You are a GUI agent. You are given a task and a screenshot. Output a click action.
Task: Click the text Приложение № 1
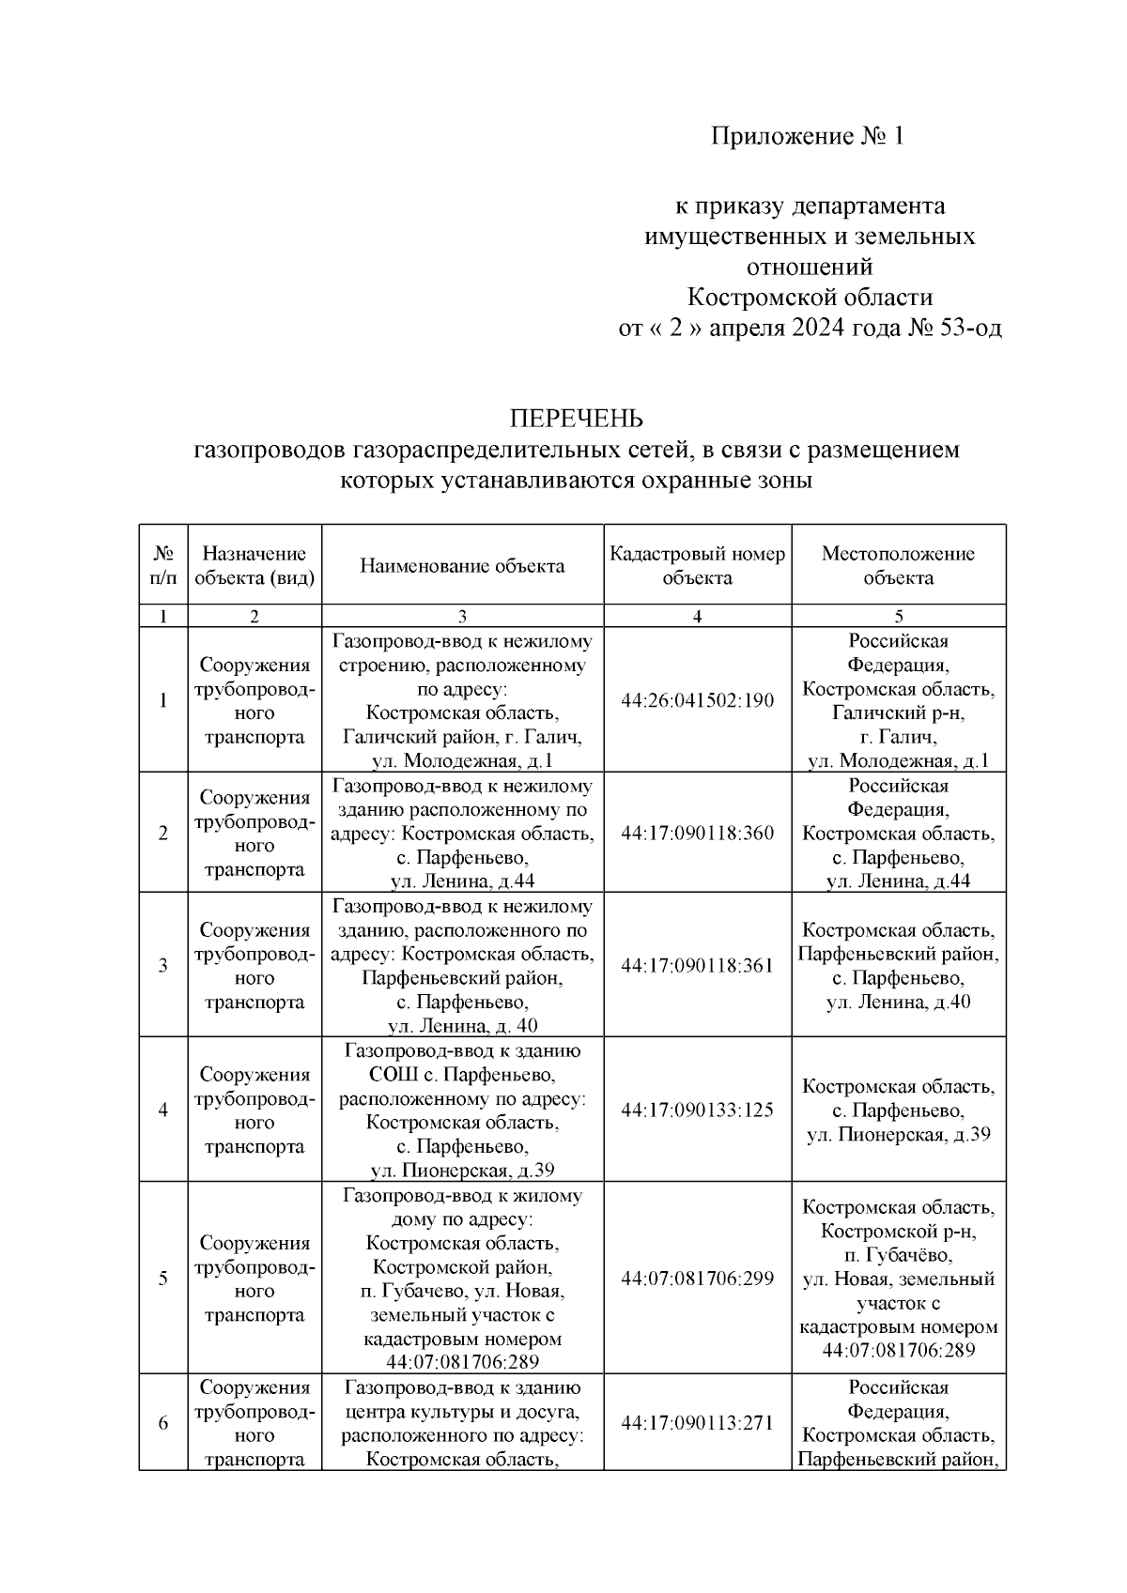[x=809, y=137]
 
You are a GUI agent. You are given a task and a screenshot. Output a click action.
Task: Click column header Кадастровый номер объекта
[x=697, y=565]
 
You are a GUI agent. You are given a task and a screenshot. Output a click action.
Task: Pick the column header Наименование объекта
[x=462, y=565]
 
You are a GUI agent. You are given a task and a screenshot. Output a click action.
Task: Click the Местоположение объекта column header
[x=898, y=565]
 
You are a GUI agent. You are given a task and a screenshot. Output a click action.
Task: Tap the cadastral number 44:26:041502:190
[x=697, y=700]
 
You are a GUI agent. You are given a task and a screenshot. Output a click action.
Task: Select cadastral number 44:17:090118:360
[x=697, y=833]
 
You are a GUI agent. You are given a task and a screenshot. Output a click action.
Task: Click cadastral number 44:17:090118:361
[x=697, y=965]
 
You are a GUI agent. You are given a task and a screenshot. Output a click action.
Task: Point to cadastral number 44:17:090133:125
[x=697, y=1110]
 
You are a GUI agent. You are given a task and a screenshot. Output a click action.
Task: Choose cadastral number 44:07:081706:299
[x=697, y=1278]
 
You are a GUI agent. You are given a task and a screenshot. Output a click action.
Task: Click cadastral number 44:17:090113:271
[x=697, y=1423]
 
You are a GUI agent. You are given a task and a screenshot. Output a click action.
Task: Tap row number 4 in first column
[x=163, y=1110]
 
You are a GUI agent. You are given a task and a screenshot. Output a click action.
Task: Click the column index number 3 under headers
[x=462, y=617]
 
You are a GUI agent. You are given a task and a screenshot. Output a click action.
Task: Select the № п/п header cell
[x=163, y=565]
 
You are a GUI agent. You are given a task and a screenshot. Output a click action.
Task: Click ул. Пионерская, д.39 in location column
[x=898, y=1134]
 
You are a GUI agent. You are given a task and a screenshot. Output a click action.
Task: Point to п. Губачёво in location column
[x=898, y=1255]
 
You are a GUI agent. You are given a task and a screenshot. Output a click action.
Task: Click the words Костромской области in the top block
[x=810, y=298]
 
